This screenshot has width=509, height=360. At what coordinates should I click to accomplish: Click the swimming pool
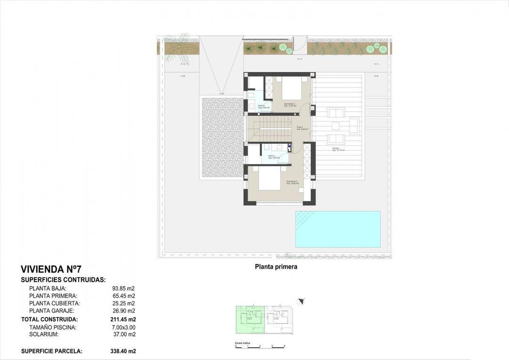[x=337, y=229]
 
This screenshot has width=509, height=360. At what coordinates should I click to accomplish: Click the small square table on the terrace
[x=336, y=126]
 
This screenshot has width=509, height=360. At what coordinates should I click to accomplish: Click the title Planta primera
[x=276, y=267]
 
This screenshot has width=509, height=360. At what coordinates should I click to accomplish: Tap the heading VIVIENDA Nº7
[x=51, y=270]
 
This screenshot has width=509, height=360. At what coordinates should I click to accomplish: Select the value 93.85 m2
[x=123, y=288]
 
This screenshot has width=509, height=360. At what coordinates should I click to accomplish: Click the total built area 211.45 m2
[x=124, y=319]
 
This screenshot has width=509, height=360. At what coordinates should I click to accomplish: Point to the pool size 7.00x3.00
[x=123, y=327]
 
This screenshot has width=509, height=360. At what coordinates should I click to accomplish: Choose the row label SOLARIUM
[x=43, y=335]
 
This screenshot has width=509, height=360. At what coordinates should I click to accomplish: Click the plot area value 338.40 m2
[x=124, y=351]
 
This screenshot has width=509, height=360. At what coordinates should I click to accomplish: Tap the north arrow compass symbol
[x=301, y=301]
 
